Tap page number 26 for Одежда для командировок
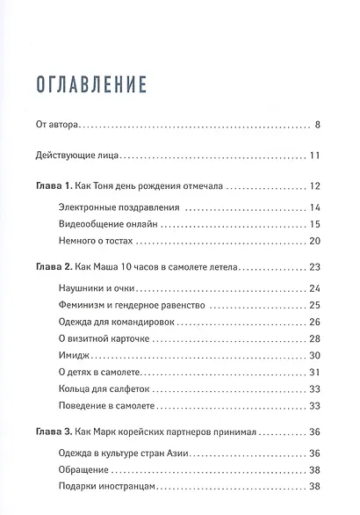click(x=316, y=323)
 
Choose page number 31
click(x=316, y=372)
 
